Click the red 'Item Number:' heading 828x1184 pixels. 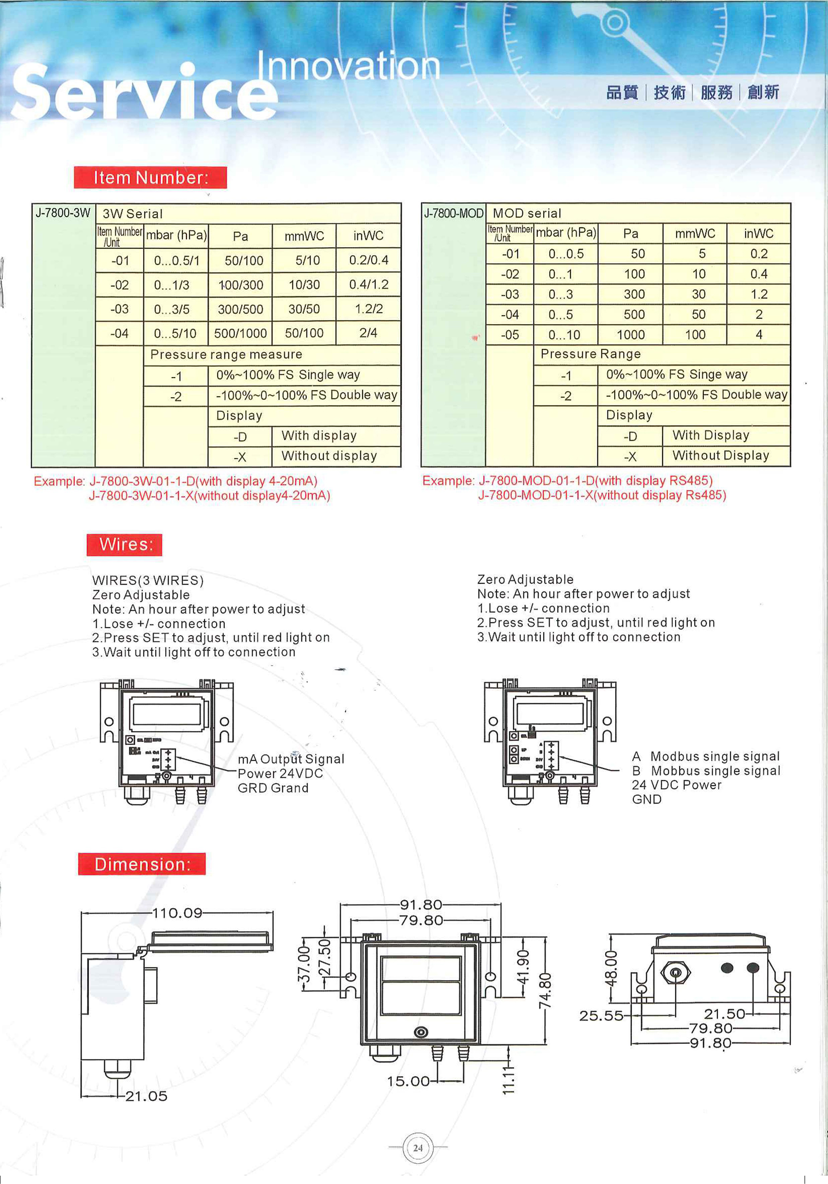(150, 178)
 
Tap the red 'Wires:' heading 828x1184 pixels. (124, 545)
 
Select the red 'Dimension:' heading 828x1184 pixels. (142, 864)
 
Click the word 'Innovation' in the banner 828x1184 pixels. (348, 67)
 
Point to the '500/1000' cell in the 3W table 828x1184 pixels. (240, 334)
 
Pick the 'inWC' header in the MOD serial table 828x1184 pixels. (758, 234)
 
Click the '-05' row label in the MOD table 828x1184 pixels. (510, 335)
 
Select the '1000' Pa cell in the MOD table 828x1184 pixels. (630, 335)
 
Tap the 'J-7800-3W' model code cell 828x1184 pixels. (63, 213)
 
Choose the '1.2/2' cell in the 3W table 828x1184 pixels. (368, 309)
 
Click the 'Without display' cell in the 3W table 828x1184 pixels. (329, 456)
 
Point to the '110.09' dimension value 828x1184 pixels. (178, 913)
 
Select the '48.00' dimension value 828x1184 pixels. (611, 969)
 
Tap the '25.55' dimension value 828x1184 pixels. (601, 1016)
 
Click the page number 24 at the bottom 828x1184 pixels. (418, 1148)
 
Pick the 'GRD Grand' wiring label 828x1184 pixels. (273, 788)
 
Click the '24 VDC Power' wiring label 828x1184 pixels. (676, 785)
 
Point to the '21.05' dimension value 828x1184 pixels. (147, 1096)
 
